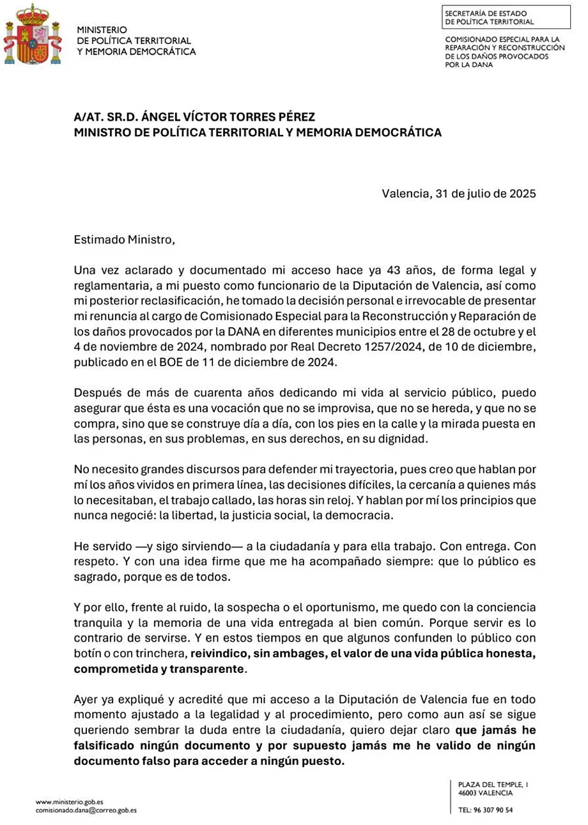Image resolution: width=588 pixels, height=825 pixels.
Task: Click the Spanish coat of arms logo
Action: coord(32,35)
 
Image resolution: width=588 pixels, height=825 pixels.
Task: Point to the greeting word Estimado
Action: coord(99,240)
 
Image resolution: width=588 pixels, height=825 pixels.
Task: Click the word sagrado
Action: coord(96,577)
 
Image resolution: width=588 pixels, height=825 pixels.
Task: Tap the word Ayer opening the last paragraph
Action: coord(86,700)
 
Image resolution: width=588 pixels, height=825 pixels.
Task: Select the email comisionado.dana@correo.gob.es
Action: coord(86,810)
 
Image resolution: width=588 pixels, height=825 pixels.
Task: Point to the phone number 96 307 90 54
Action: coord(495,810)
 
